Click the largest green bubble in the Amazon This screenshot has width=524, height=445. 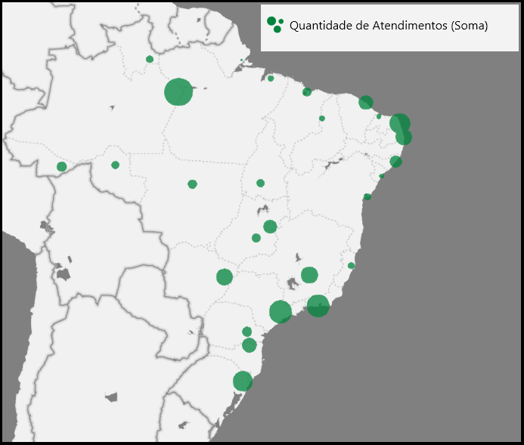tap(178, 92)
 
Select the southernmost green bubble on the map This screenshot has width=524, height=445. tap(242, 382)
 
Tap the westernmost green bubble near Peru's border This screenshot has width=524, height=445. tap(61, 166)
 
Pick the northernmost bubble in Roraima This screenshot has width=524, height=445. tap(150, 59)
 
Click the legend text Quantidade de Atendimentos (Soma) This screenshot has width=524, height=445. tap(389, 26)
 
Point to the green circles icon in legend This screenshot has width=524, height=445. tap(274, 24)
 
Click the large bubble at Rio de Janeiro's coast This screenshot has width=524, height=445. tap(318, 305)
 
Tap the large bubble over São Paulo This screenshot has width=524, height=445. tap(280, 311)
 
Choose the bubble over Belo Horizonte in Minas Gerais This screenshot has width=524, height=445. tap(309, 275)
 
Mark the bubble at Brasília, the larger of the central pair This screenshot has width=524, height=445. tap(270, 227)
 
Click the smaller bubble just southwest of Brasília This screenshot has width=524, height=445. tap(256, 238)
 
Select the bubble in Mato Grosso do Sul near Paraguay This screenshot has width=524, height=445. tap(224, 277)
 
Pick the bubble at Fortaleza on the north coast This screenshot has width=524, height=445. tap(366, 102)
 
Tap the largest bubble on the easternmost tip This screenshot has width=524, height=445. tap(399, 123)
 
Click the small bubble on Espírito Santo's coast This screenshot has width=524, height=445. tap(351, 265)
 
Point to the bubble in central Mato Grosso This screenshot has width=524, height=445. tap(192, 184)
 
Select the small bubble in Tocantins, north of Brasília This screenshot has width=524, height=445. tap(260, 183)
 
